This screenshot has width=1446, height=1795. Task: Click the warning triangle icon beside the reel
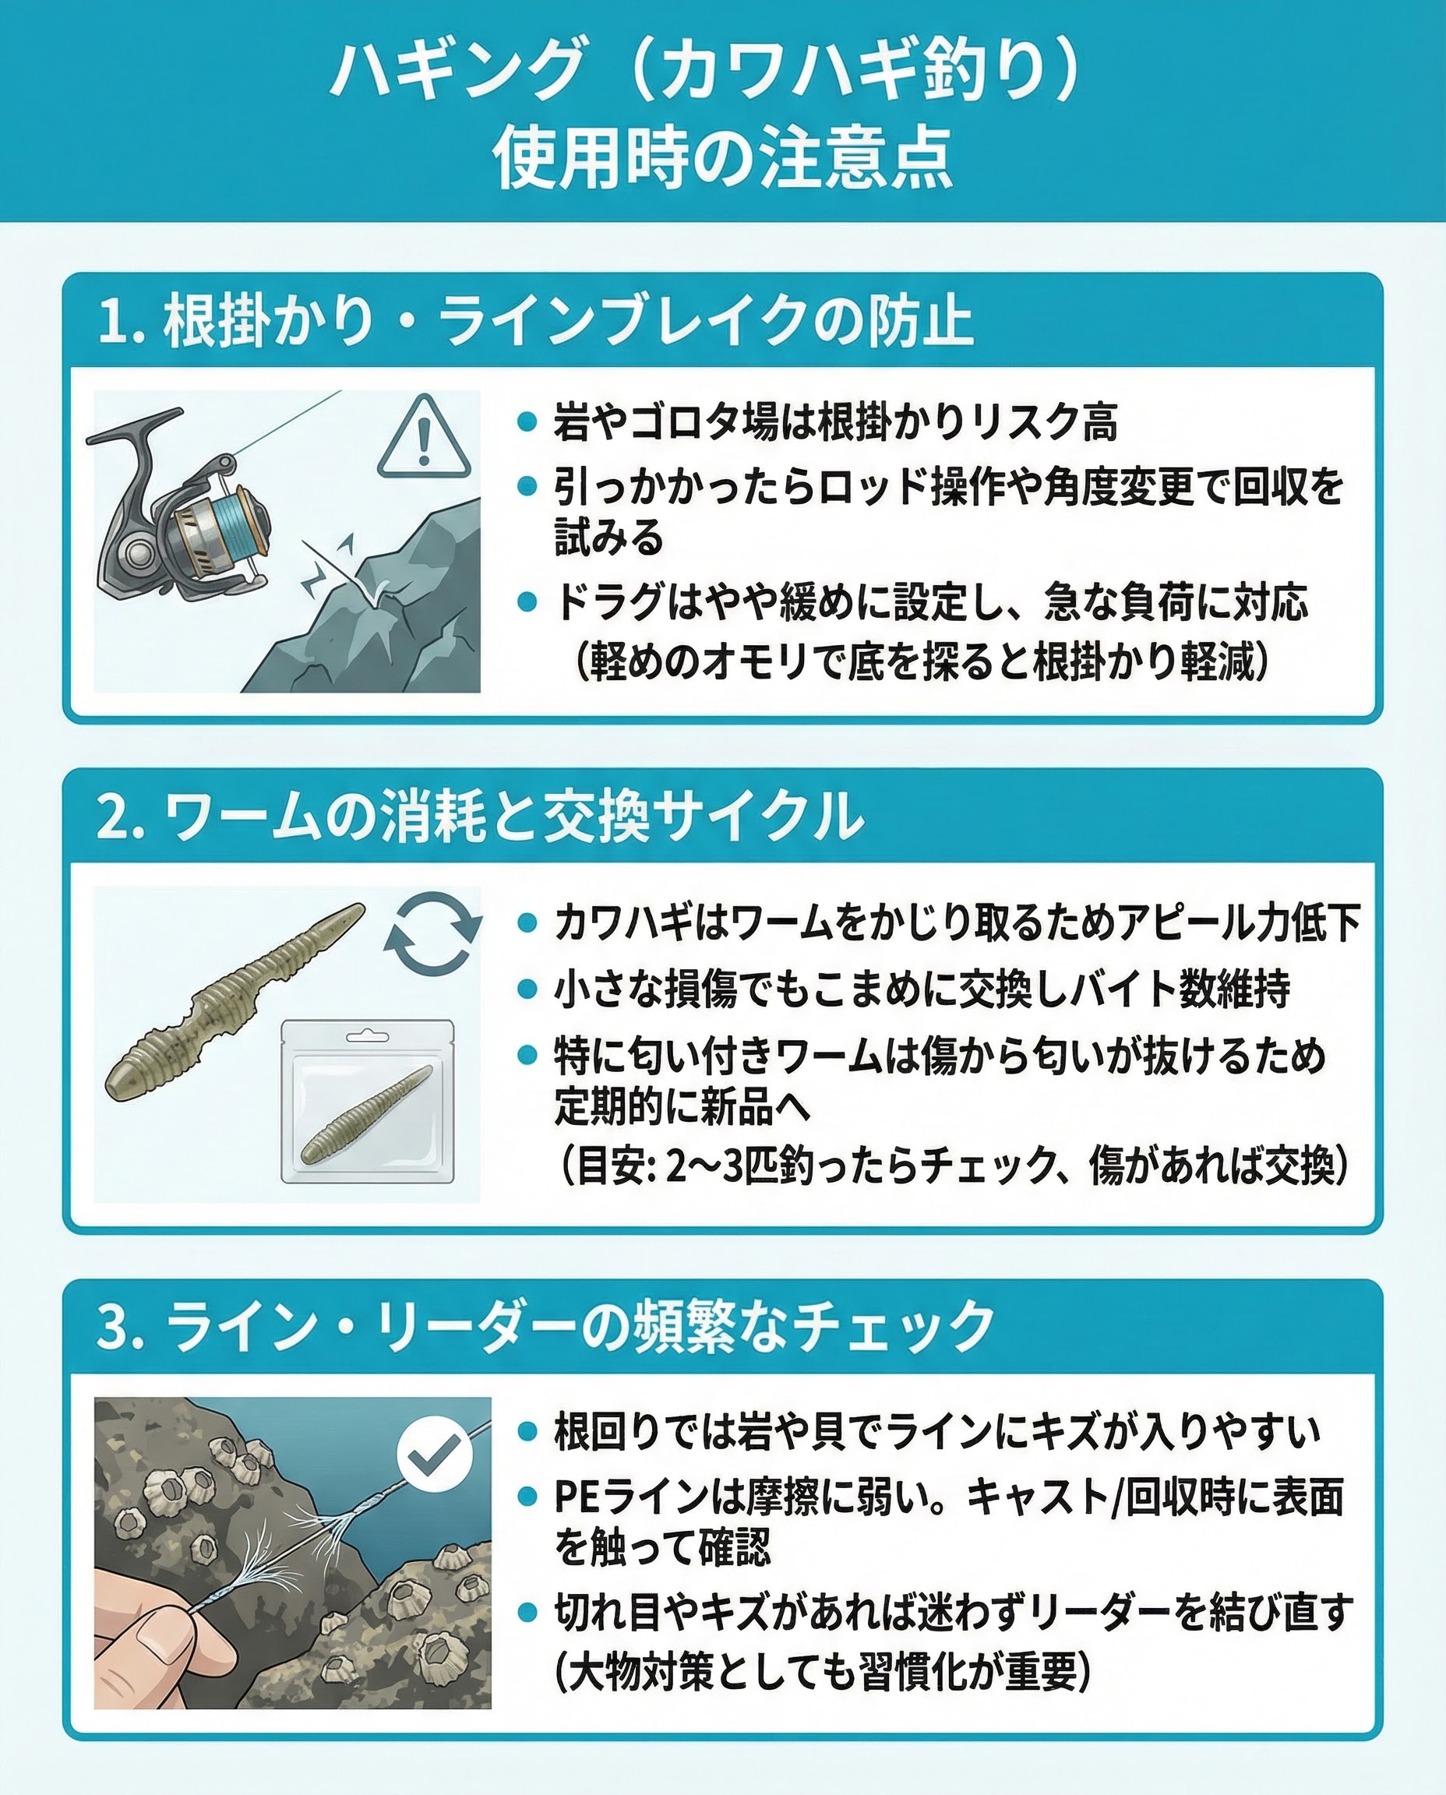pyautogui.click(x=423, y=438)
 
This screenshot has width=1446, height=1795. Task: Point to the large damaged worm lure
pyautogui.click(x=234, y=1000)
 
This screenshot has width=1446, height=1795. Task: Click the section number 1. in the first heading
pyautogui.click(x=122, y=322)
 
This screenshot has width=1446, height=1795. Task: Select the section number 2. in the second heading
pyautogui.click(x=122, y=816)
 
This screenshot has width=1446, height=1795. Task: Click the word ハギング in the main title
pyautogui.click(x=455, y=70)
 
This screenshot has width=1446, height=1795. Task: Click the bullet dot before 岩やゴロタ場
pyautogui.click(x=527, y=422)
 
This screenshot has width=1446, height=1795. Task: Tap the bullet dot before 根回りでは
pyautogui.click(x=527, y=1430)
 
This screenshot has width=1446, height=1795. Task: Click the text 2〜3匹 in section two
pyautogui.click(x=726, y=1166)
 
